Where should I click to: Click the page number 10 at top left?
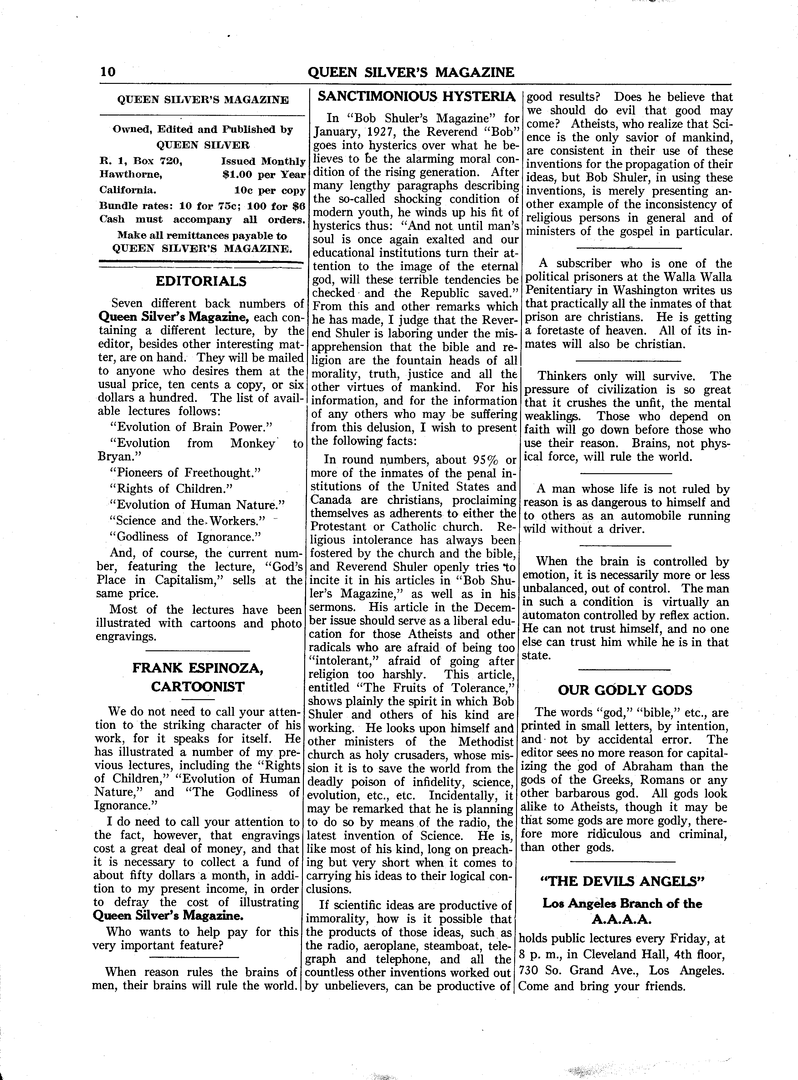pos(108,72)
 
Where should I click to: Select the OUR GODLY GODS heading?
pos(625,690)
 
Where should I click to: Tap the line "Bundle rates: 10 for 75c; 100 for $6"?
pos(202,206)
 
